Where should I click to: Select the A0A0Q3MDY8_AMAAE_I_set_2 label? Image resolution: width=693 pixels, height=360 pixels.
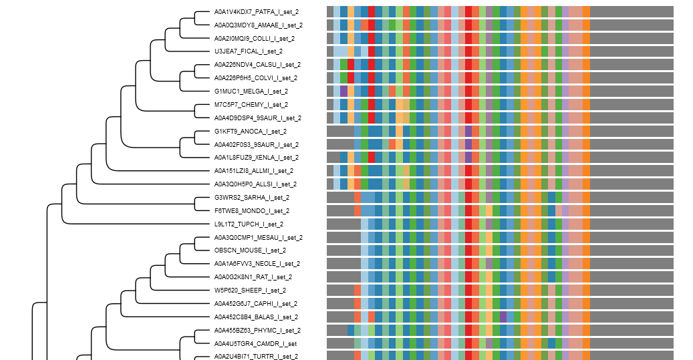coord(258,25)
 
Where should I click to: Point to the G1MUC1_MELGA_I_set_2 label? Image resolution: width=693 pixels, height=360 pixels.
coord(251,92)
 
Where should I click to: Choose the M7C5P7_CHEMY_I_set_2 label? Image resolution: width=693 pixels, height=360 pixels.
coord(251,105)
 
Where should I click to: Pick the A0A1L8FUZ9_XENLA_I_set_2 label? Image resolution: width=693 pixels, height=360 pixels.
coord(256,158)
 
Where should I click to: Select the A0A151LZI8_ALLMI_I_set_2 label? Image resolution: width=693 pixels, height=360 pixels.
coord(254,171)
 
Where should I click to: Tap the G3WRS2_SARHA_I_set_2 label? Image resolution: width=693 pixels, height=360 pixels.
coord(251,198)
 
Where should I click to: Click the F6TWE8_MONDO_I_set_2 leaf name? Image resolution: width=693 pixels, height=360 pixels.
coord(251,211)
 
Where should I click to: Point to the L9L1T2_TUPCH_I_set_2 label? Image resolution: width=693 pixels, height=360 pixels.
coord(249,224)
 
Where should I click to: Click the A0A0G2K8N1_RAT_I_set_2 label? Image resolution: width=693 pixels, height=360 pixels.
coord(253,277)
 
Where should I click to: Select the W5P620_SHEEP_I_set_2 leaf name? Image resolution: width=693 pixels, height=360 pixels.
coord(249,291)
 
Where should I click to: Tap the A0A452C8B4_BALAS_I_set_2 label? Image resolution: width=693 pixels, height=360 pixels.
coord(256,317)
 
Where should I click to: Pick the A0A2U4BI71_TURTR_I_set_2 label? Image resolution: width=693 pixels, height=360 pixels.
coord(256,357)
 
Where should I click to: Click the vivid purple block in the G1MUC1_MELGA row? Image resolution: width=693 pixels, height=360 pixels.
coord(343,92)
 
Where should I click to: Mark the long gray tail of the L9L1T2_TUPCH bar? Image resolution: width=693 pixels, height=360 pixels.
coord(632,224)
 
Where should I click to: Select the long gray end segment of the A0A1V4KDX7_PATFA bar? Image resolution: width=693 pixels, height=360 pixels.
coord(632,12)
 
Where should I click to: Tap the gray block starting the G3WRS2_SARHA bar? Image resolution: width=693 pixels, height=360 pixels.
coord(339,198)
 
